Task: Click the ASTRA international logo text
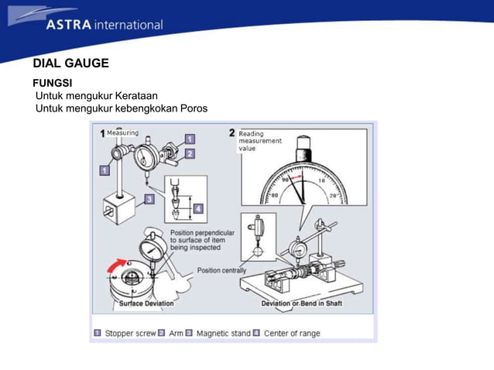click(104, 24)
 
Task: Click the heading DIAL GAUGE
click(70, 63)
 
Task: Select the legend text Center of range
click(292, 334)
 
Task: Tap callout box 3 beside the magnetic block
click(149, 199)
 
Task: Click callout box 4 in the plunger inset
click(198, 208)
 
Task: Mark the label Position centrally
click(221, 270)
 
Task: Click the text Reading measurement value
click(260, 141)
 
